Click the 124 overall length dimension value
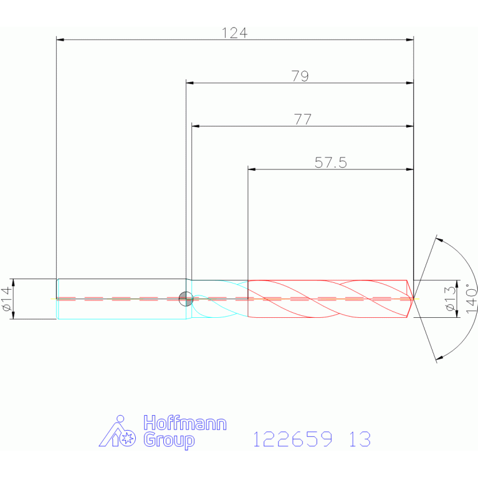(x=234, y=33)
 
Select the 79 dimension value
(x=300, y=76)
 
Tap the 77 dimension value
(x=303, y=120)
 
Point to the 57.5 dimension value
(x=331, y=163)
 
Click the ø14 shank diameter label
(x=7, y=299)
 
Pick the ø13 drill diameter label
(x=451, y=299)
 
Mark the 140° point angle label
(x=471, y=298)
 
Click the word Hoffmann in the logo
(x=185, y=423)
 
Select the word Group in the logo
(x=169, y=440)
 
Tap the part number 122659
(x=293, y=439)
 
